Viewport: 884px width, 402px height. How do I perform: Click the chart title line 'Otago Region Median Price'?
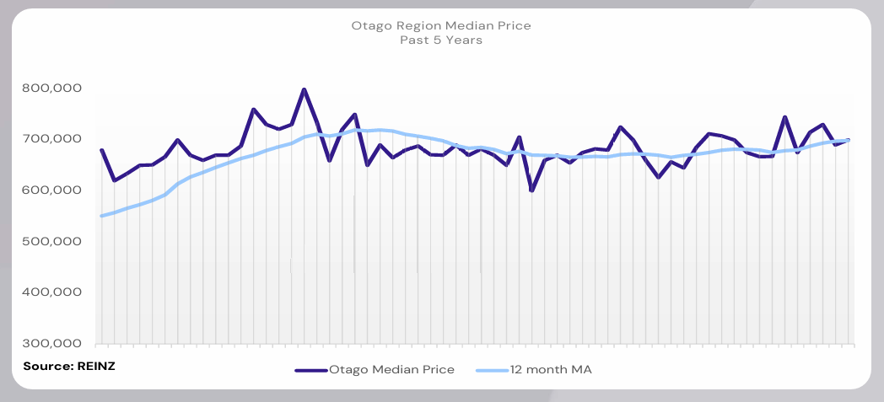click(441, 26)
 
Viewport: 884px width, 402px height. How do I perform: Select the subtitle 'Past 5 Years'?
click(441, 40)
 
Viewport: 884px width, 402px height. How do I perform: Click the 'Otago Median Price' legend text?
click(391, 369)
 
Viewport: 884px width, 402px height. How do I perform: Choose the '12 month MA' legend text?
click(553, 369)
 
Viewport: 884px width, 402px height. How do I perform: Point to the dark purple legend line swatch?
click(310, 370)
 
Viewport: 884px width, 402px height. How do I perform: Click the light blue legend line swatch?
click(492, 370)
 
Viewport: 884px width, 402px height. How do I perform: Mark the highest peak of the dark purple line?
click(304, 89)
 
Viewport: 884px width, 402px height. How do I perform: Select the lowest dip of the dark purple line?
click(531, 190)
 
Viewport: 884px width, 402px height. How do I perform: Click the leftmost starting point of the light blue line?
click(101, 216)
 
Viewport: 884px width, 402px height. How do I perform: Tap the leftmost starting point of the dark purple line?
click(101, 150)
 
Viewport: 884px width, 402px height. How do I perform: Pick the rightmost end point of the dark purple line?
click(848, 140)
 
